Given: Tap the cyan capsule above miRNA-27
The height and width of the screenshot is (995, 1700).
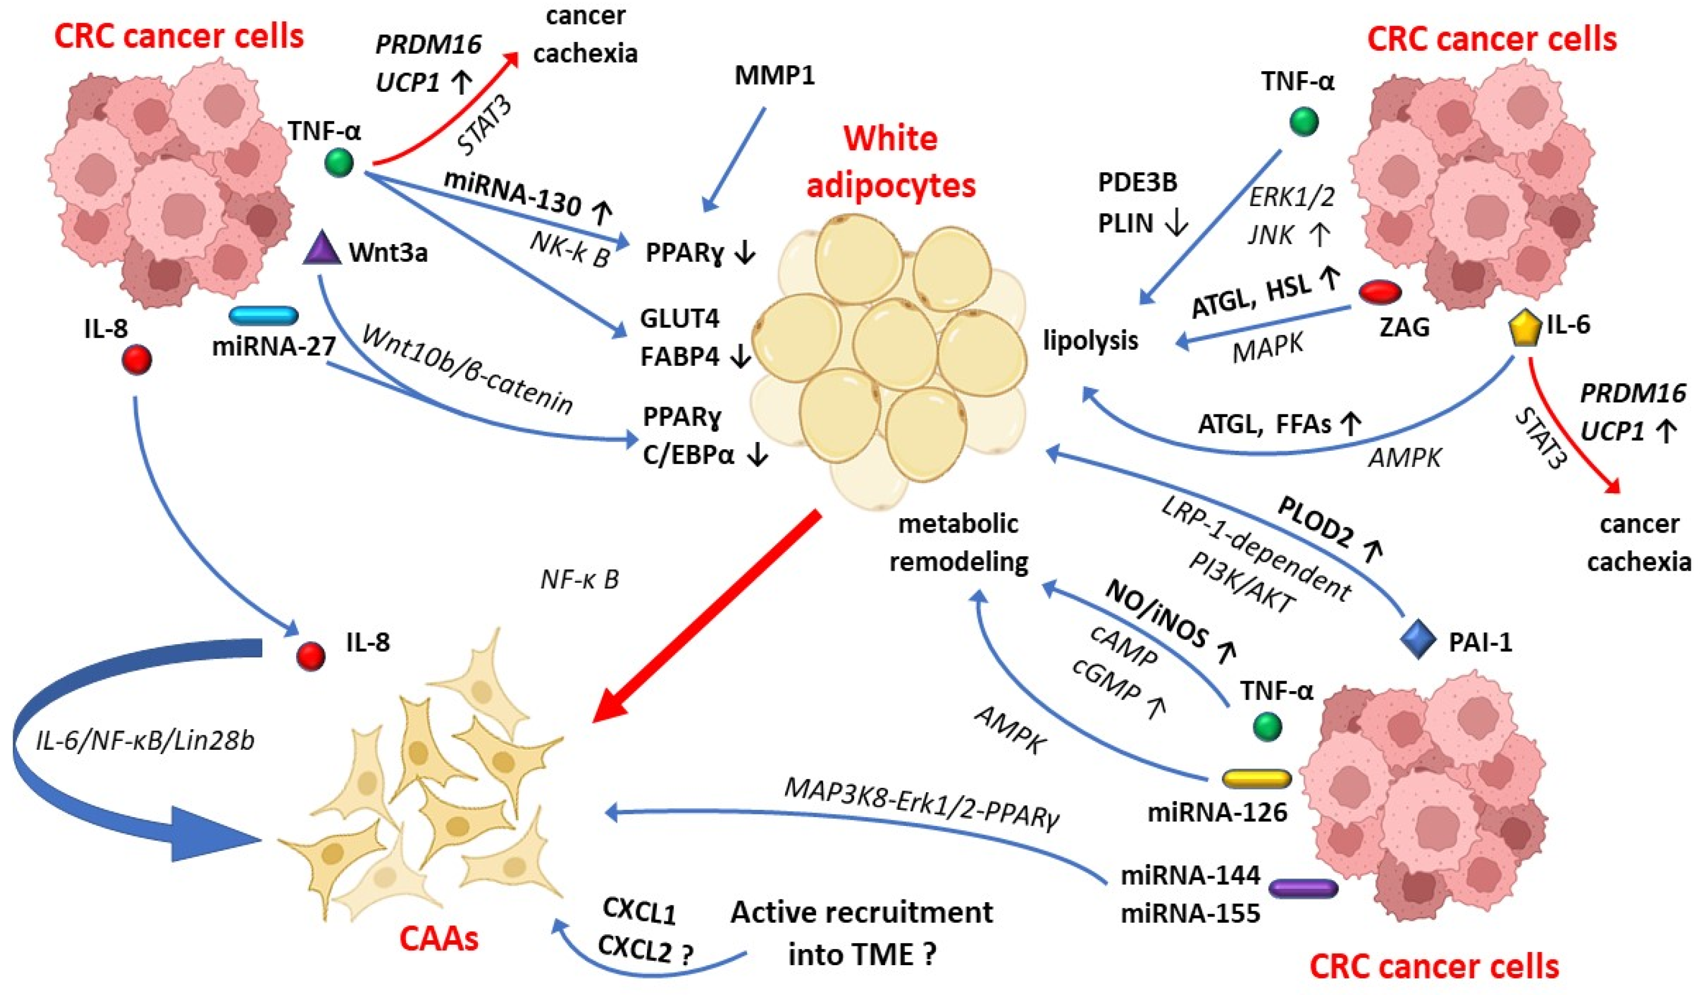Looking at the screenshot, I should click(264, 315).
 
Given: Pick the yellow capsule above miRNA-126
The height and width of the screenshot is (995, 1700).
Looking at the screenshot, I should click(1256, 778).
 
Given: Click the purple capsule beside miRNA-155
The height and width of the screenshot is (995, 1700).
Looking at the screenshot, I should click(1303, 888).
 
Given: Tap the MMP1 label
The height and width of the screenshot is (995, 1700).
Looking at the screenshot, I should click(774, 75).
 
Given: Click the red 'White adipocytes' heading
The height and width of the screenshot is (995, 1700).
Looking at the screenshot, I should click(891, 161).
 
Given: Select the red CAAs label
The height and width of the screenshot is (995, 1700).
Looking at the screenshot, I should click(439, 938).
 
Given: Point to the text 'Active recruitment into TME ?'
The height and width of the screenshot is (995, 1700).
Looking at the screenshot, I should click(861, 933).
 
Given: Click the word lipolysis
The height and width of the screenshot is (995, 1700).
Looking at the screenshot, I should click(1090, 340).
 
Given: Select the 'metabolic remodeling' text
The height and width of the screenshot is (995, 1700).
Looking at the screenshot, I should click(959, 543).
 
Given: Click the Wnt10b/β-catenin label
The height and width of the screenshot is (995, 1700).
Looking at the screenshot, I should click(467, 370).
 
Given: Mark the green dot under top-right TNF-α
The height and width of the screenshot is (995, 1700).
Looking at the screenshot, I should click(1303, 122).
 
